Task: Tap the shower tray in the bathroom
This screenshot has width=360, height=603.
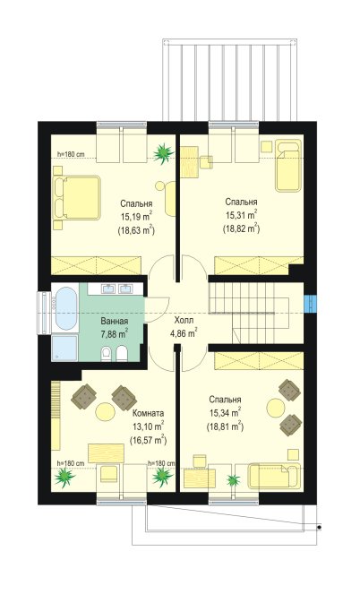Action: (x=65, y=348)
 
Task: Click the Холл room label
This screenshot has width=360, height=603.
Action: (x=184, y=321)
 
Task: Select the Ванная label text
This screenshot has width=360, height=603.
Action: (x=115, y=321)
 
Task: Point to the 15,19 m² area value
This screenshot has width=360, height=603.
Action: (x=137, y=217)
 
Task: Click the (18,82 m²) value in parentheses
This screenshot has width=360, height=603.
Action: (x=242, y=228)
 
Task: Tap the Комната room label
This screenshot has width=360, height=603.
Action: (x=149, y=413)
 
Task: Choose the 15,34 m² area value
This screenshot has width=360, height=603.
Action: (x=225, y=413)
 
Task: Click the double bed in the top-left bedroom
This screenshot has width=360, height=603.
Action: (x=77, y=198)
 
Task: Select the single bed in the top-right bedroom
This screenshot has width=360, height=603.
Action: (x=287, y=166)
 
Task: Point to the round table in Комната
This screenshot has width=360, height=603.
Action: (x=106, y=412)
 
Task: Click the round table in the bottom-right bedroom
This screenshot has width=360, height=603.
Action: (x=276, y=408)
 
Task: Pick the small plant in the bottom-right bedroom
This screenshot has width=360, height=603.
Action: (x=233, y=480)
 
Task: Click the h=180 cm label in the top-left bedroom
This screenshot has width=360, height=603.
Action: (x=71, y=154)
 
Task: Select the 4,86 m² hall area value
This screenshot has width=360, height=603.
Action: (x=184, y=332)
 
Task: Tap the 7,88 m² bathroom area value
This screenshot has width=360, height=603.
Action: (x=115, y=333)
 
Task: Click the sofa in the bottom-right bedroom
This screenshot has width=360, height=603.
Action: (x=274, y=476)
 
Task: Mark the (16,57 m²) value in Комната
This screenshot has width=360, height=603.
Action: (x=149, y=440)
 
